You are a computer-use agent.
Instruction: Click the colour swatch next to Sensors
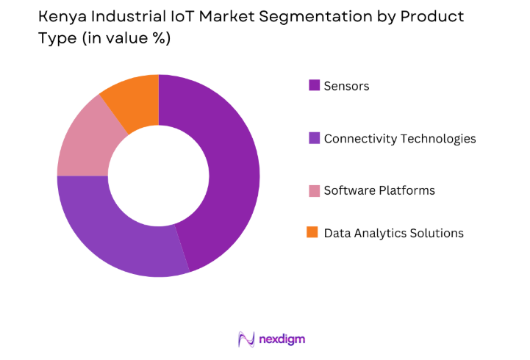(314, 86)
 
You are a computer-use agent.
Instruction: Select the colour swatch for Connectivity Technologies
(314, 138)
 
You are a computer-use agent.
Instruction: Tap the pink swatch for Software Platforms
(314, 190)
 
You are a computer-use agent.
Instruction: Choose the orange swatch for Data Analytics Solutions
(314, 233)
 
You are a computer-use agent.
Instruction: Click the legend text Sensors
(346, 86)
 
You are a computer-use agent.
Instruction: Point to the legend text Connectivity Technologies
(400, 138)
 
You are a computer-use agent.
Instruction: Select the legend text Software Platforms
(379, 190)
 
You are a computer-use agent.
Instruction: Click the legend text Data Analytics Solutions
(394, 233)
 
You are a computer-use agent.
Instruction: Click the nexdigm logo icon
(247, 339)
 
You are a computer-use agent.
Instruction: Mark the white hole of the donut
(158, 176)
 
